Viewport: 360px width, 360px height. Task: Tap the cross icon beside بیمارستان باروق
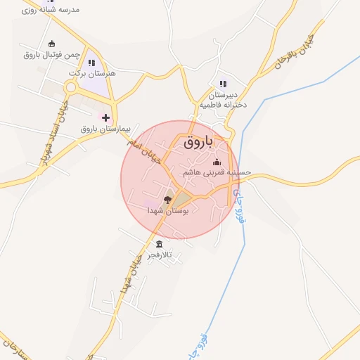point(105,117)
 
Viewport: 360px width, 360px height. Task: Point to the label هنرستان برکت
point(92,72)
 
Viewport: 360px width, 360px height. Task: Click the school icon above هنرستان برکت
point(91,63)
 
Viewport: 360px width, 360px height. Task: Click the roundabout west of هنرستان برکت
point(71,87)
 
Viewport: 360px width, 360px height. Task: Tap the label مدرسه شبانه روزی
point(51,10)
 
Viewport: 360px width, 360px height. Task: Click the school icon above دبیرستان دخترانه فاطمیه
point(223,83)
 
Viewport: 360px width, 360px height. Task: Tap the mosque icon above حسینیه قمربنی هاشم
point(216,163)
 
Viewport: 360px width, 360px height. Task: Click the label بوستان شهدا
point(167,210)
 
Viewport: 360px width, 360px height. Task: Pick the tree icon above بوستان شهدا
point(167,200)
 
